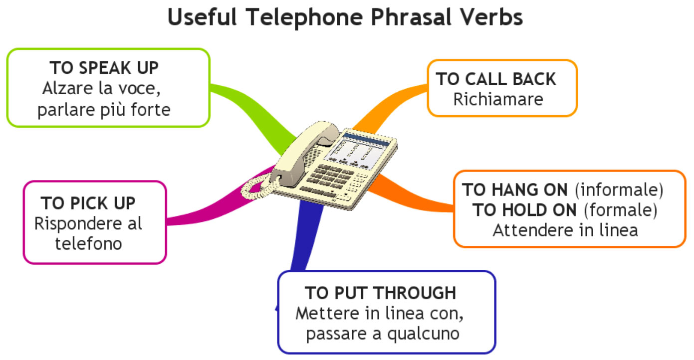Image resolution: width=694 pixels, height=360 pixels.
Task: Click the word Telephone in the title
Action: (x=304, y=17)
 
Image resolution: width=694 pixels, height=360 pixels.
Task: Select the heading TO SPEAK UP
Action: (x=104, y=68)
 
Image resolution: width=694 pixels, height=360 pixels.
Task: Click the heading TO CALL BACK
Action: (x=496, y=79)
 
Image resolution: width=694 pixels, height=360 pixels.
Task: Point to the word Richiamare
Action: (x=498, y=99)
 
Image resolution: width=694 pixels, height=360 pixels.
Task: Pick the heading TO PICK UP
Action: (x=88, y=203)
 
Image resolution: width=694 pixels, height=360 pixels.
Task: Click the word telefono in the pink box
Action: (x=89, y=244)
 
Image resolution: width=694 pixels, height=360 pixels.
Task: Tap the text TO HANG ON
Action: (x=515, y=189)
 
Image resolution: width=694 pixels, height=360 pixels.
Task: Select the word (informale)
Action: (x=619, y=190)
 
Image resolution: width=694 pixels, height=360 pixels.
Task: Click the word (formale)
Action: (x=621, y=210)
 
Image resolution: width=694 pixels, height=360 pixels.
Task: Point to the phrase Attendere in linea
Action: (x=565, y=230)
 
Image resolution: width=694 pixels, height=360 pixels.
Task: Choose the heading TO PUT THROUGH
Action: (x=381, y=293)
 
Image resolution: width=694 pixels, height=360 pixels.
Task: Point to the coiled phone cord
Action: (x=257, y=186)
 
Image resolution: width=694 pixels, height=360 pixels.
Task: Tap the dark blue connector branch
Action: (x=306, y=235)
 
